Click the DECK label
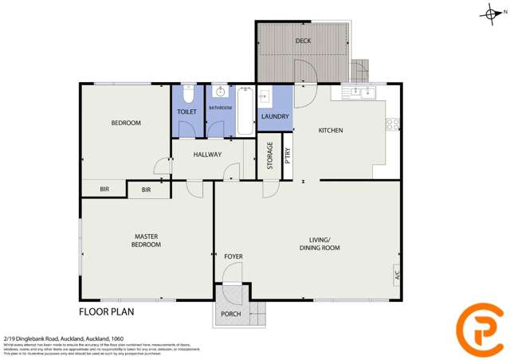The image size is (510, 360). click(303, 41)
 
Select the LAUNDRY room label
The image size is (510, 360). click(275, 117)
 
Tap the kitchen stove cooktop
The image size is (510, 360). click(392, 124)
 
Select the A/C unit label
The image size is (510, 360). click(396, 276)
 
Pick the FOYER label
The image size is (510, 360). click(233, 256)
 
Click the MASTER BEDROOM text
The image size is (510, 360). click(146, 240)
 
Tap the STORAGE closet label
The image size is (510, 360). click(270, 155)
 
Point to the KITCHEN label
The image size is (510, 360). click(331, 131)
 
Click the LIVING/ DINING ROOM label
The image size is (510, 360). click(324, 244)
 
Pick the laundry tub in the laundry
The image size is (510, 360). click(267, 97)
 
